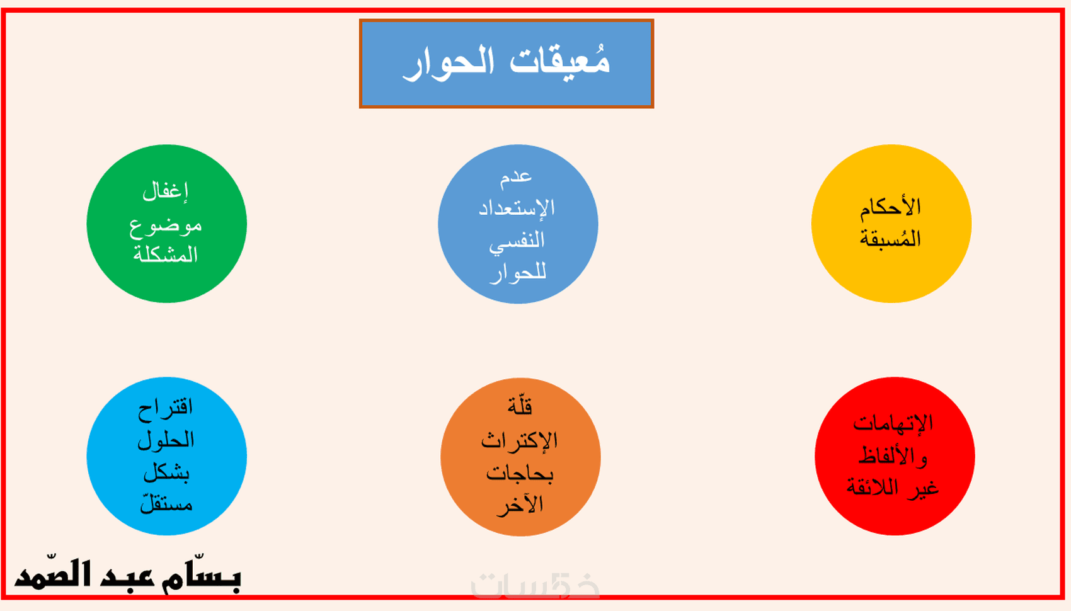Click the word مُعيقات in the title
coord(560,60)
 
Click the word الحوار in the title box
coord(449,63)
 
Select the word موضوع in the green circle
coord(166,225)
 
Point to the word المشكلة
coord(166,254)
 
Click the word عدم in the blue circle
coord(516,177)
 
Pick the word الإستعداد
coord(517,208)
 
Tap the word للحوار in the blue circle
coord(518,273)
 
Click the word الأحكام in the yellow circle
coord(890,207)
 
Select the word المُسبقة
coord(890,238)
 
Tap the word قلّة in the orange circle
coord(520,406)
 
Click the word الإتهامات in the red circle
coord(893,423)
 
